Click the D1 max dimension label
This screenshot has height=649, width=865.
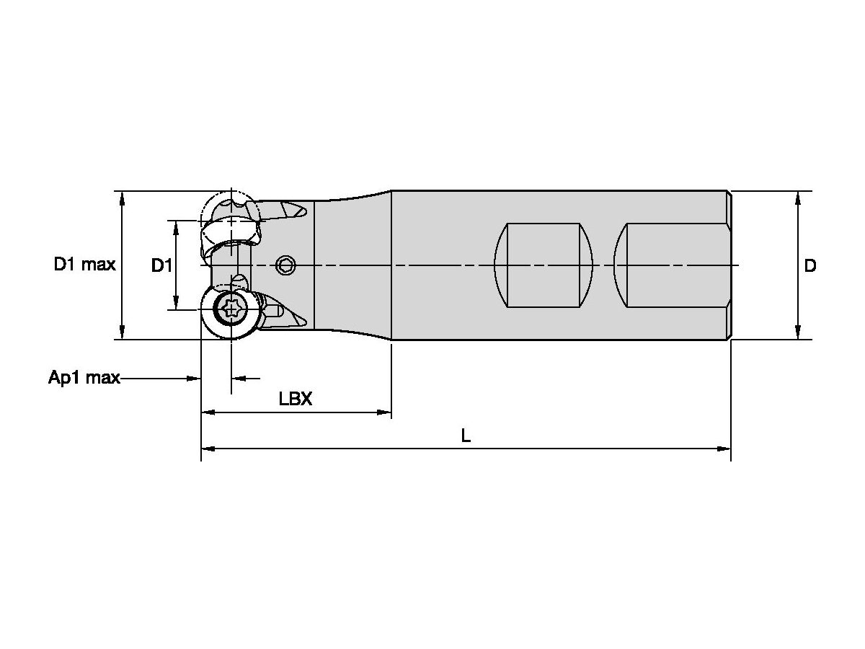click(84, 265)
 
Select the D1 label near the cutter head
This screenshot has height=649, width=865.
click(161, 266)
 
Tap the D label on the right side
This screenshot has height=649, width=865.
click(810, 266)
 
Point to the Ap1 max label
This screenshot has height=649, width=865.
click(84, 378)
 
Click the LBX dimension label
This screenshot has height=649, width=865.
click(296, 399)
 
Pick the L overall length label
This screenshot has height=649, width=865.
click(466, 436)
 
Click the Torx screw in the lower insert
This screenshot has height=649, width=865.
click(231, 310)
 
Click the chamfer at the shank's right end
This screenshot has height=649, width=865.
click(729, 265)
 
